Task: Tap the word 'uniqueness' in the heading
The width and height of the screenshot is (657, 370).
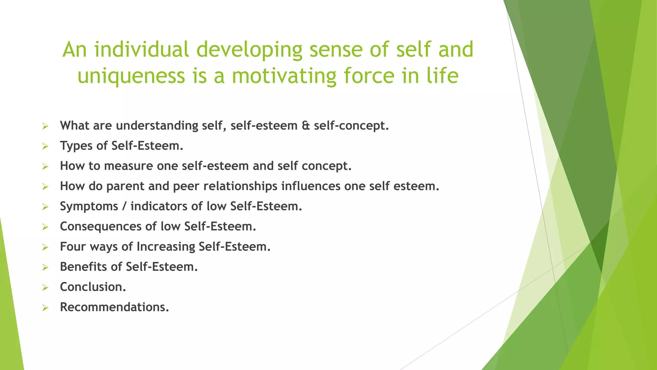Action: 131,76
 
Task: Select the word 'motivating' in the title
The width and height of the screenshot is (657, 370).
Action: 284,76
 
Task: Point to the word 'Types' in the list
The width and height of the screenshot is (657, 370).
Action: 76,146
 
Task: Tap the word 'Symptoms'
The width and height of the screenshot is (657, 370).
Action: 89,207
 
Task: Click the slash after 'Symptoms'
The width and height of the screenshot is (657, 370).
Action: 124,207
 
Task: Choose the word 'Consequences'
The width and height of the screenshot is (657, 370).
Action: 100,226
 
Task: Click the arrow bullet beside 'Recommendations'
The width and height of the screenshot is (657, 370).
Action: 45,308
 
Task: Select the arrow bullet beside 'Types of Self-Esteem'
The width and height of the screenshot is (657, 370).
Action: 45,146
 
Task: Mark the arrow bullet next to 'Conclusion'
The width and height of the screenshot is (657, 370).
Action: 45,287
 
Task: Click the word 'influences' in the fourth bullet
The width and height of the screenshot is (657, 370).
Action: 311,186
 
